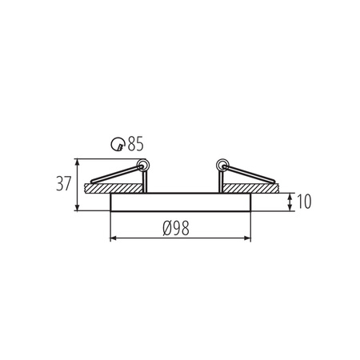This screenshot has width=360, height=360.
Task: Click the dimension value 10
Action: [x=302, y=202]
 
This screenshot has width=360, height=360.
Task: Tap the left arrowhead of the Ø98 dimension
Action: [x=113, y=238]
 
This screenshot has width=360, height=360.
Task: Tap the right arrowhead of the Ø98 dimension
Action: [x=247, y=238]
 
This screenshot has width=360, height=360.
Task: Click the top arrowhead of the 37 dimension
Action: [x=77, y=160]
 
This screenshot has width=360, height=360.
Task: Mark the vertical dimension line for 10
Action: [x=287, y=202]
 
